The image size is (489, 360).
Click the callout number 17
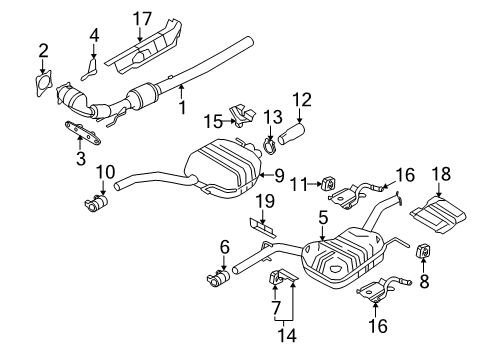(142, 19)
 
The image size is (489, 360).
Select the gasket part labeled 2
(43, 84)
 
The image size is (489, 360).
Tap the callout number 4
(94, 35)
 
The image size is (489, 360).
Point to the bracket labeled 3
(82, 133)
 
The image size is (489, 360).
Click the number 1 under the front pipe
(182, 107)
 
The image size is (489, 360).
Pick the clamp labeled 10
(96, 203)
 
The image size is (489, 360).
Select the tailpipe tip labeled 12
(291, 134)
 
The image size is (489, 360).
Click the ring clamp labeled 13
(270, 147)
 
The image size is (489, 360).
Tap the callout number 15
(213, 122)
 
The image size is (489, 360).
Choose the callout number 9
(279, 176)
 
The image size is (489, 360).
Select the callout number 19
(265, 201)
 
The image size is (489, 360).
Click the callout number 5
(323, 218)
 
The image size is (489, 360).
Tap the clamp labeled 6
(218, 278)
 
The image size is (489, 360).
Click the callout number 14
(287, 335)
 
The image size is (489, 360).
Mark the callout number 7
(275, 308)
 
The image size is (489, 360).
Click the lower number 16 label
(378, 326)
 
